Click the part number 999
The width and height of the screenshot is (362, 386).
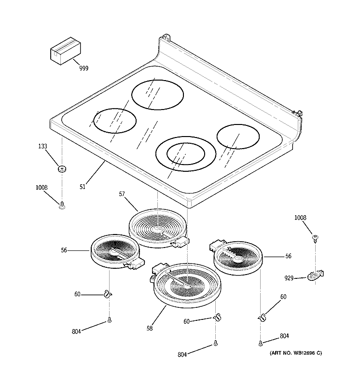84,69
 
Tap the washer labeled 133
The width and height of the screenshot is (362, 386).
62,168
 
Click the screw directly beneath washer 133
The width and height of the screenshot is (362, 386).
62,206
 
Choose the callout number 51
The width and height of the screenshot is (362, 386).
83,186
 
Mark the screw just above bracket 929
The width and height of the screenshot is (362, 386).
315,237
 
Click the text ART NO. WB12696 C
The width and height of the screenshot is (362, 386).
295,353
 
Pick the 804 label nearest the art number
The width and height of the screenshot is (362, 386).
285,337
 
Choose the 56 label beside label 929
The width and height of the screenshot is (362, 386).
288,257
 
